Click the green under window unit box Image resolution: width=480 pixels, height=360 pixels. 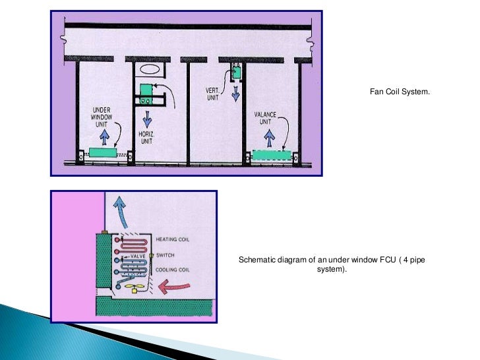pos(104,152)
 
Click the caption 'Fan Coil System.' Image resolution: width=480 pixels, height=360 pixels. pos(400,93)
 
